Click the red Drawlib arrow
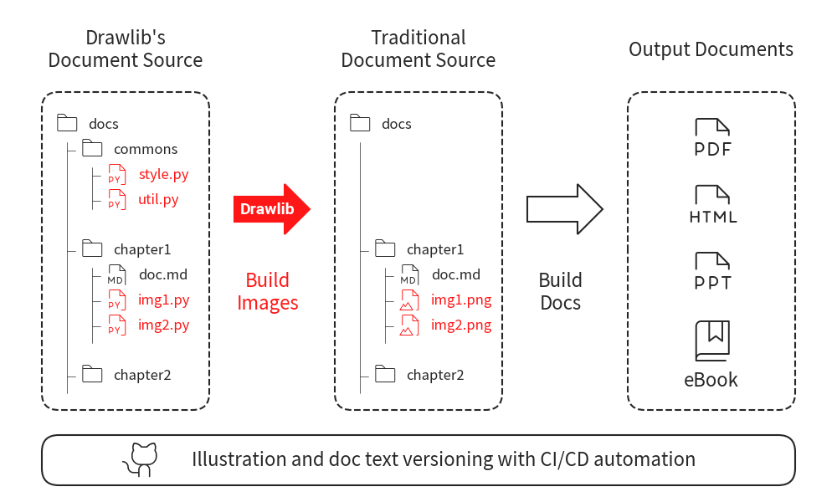[x=270, y=208]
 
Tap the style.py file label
[x=163, y=175]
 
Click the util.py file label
[x=158, y=200]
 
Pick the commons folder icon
[x=92, y=149]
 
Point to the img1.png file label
[x=461, y=300]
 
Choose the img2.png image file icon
[x=409, y=325]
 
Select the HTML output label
[x=713, y=218]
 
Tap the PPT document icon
[x=711, y=261]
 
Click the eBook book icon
[x=711, y=341]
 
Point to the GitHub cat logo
[x=143, y=460]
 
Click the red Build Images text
[x=268, y=291]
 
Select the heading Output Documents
[x=711, y=49]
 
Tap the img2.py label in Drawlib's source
[x=164, y=325]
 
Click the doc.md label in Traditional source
[x=456, y=274]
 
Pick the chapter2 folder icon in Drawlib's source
[x=92, y=374]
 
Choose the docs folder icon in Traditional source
[x=360, y=123]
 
